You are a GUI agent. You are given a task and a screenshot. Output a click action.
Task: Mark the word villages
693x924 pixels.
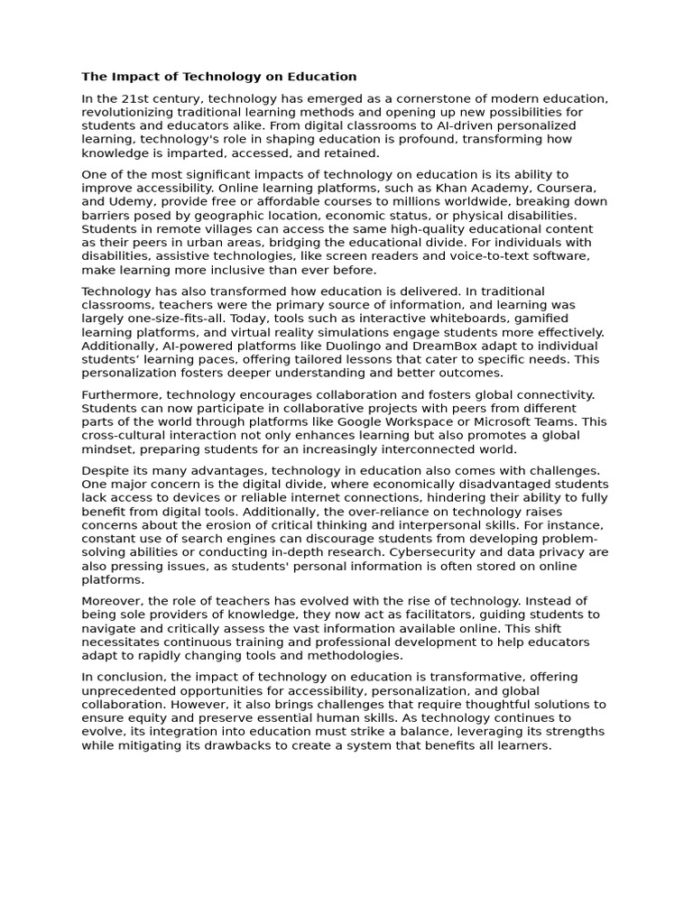click(215, 228)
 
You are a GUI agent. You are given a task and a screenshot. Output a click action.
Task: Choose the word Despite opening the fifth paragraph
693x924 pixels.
click(105, 470)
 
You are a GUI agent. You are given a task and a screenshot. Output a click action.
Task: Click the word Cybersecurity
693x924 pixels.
click(446, 552)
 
